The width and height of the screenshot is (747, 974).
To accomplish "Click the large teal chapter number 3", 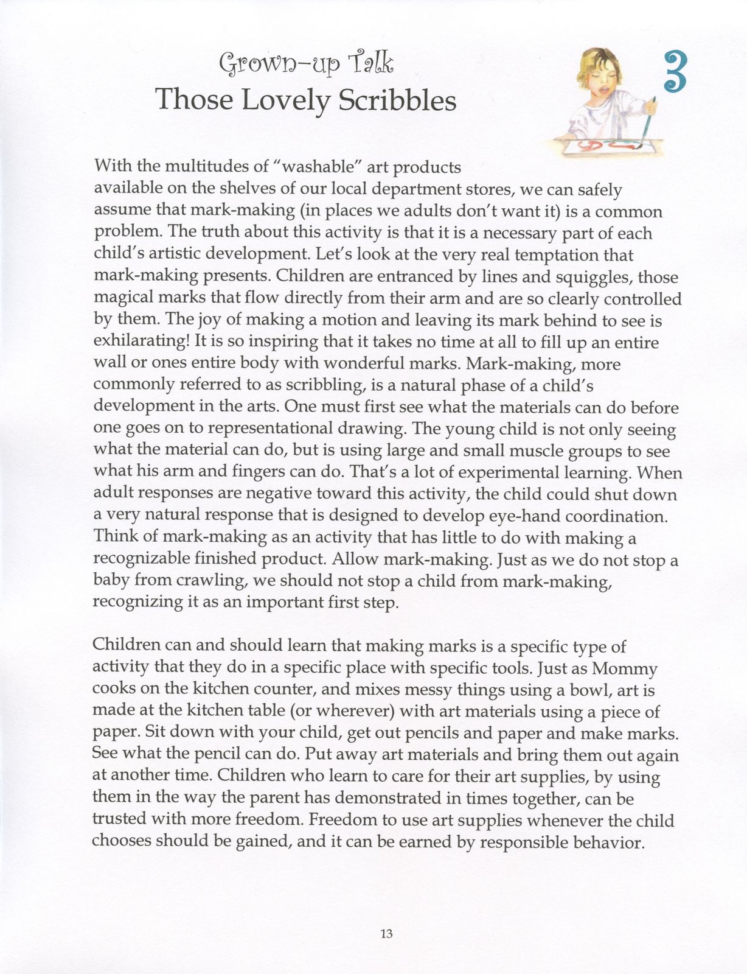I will pyautogui.click(x=673, y=72).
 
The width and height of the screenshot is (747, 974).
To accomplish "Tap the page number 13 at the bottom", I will pyautogui.click(x=386, y=934).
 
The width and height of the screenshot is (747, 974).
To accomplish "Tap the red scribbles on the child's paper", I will pyautogui.click(x=608, y=145).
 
